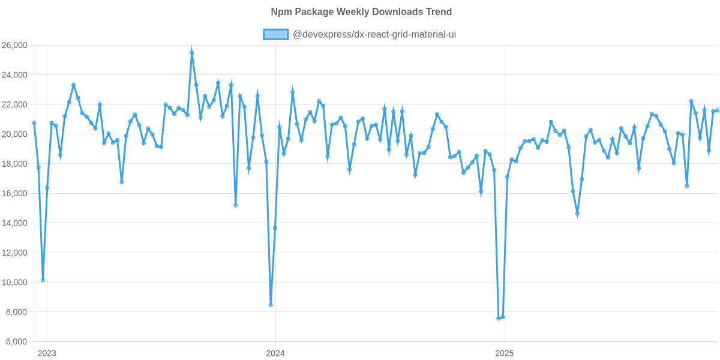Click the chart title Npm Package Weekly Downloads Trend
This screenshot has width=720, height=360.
(x=361, y=12)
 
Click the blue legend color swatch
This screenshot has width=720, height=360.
(x=275, y=35)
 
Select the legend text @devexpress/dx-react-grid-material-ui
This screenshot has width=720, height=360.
(x=374, y=35)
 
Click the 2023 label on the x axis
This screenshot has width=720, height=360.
(x=47, y=353)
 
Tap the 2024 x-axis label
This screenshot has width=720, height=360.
(x=275, y=353)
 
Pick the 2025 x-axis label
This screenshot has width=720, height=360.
(x=504, y=353)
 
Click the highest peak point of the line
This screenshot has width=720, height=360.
(x=192, y=52)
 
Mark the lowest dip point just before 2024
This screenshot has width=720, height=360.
(x=271, y=305)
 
